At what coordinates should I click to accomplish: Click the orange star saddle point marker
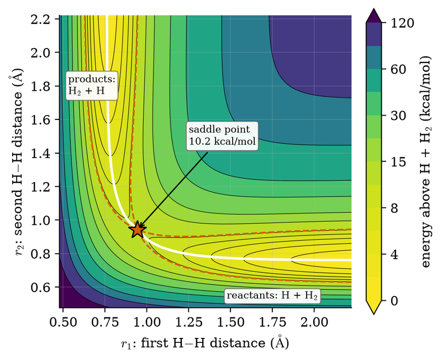(x=137, y=229)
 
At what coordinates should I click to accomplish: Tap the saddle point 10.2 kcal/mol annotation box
(x=222, y=135)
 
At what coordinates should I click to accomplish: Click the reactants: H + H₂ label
(x=272, y=296)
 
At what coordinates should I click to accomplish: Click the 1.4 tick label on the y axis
(x=40, y=154)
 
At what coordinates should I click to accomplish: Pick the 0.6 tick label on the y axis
(x=40, y=288)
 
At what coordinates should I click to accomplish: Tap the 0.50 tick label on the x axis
(x=63, y=322)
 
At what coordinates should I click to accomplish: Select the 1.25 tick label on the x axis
(x=188, y=322)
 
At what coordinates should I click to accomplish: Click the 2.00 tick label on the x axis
(x=314, y=322)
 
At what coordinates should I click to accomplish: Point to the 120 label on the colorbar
(x=402, y=23)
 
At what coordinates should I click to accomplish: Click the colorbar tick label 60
(x=398, y=70)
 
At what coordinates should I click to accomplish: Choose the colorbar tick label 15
(x=398, y=162)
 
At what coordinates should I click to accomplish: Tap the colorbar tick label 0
(x=394, y=301)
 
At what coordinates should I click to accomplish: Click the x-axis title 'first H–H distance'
(x=203, y=343)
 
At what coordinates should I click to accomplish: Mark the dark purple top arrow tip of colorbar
(x=373, y=9)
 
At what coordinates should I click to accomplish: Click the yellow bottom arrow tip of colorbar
(x=373, y=314)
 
